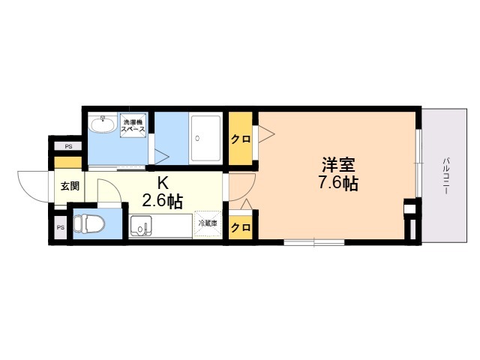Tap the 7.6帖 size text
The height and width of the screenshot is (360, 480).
[x=337, y=182]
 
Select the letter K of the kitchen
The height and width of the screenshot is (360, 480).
[x=162, y=182]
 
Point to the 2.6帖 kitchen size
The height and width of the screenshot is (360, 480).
[x=163, y=200]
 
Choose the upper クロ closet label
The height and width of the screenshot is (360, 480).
[x=240, y=139]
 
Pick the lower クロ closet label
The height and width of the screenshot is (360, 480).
[x=240, y=227]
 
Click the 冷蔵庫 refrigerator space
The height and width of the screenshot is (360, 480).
[x=208, y=223]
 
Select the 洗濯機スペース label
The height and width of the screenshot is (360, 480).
[x=133, y=125]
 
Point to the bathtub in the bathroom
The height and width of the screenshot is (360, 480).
[x=205, y=138]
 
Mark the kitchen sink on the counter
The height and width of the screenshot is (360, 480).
[x=141, y=225]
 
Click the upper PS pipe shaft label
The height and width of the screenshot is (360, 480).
[x=67, y=145]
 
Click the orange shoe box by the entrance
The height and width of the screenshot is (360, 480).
[x=67, y=163]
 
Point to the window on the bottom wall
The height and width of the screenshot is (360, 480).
[x=314, y=242]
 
